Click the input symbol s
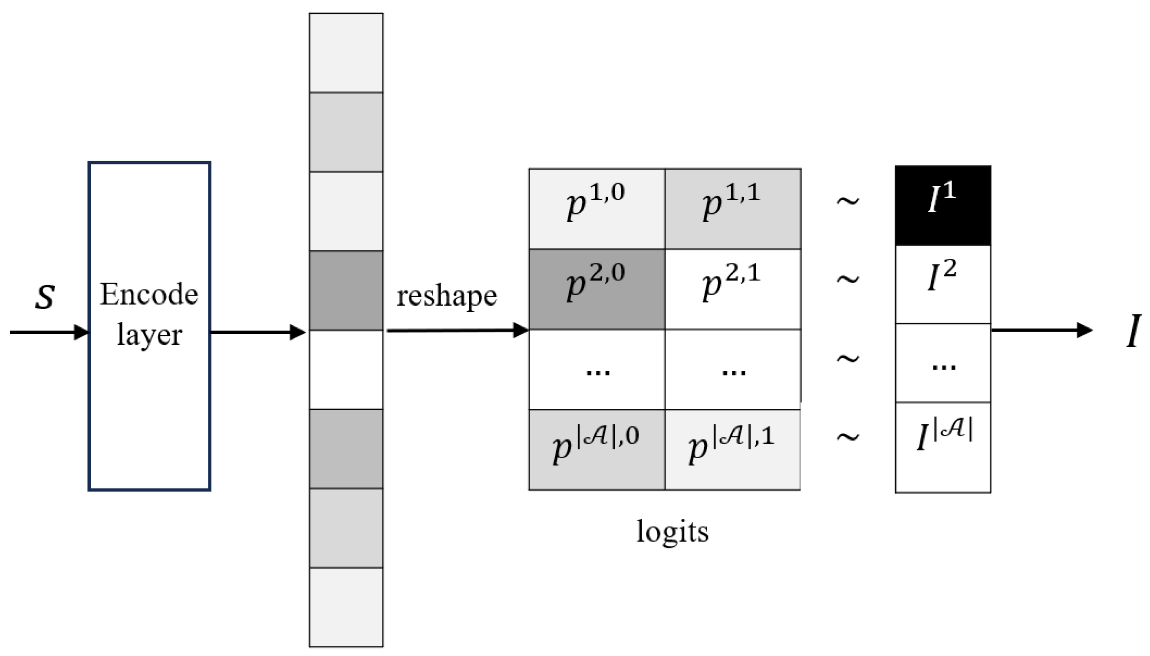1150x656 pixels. click(45, 297)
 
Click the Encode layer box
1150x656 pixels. click(149, 326)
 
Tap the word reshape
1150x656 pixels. click(446, 296)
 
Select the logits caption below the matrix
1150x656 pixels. click(672, 532)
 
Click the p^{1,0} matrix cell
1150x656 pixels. click(596, 208)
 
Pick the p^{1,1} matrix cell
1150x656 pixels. click(732, 208)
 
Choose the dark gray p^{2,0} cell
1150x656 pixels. click(596, 289)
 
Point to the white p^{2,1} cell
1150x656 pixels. click(732, 289)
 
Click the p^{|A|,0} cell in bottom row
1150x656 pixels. click(596, 449)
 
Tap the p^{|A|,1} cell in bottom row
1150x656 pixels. click(732, 449)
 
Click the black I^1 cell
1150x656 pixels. click(942, 205)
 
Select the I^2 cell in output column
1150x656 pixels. click(942, 284)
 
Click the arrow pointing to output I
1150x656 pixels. click(1041, 330)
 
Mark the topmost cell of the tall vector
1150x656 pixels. click(346, 53)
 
